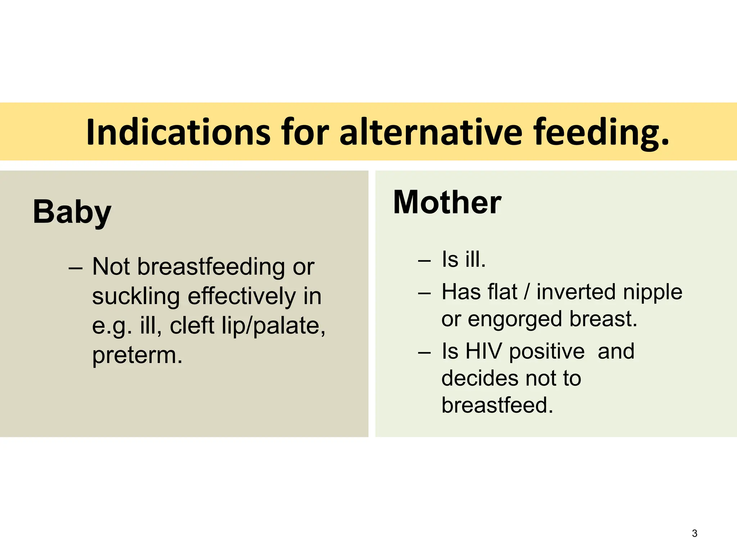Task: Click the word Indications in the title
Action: [x=178, y=132]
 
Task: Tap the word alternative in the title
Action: [x=430, y=132]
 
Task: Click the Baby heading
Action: [x=72, y=212]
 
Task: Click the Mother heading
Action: [x=447, y=202]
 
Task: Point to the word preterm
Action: [x=137, y=355]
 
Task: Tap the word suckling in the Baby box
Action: [x=136, y=296]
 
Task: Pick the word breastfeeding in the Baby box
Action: [x=211, y=267]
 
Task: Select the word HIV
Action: [x=483, y=351]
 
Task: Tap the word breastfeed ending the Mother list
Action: [x=497, y=405]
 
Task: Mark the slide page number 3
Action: [x=695, y=533]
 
